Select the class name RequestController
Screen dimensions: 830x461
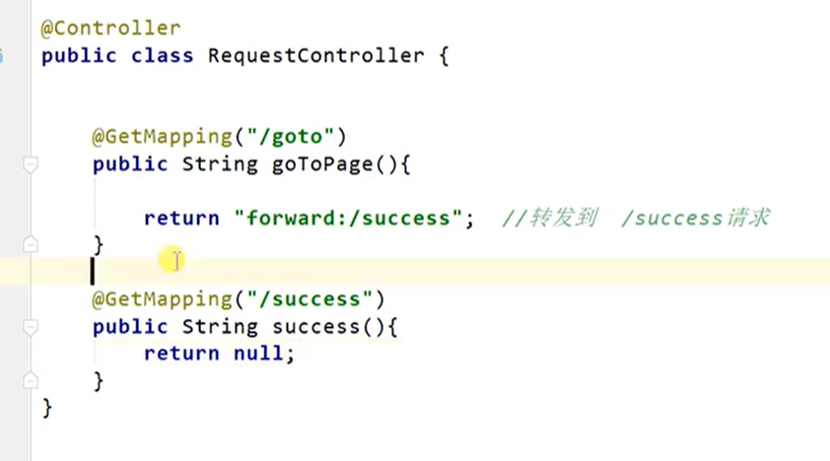(x=315, y=56)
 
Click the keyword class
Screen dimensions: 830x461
(x=162, y=56)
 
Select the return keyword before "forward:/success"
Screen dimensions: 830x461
(x=181, y=218)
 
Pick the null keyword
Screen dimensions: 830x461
(x=258, y=353)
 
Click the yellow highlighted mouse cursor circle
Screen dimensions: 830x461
(x=173, y=260)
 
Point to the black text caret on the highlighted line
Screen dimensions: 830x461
(x=93, y=270)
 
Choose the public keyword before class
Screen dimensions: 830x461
(x=80, y=56)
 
